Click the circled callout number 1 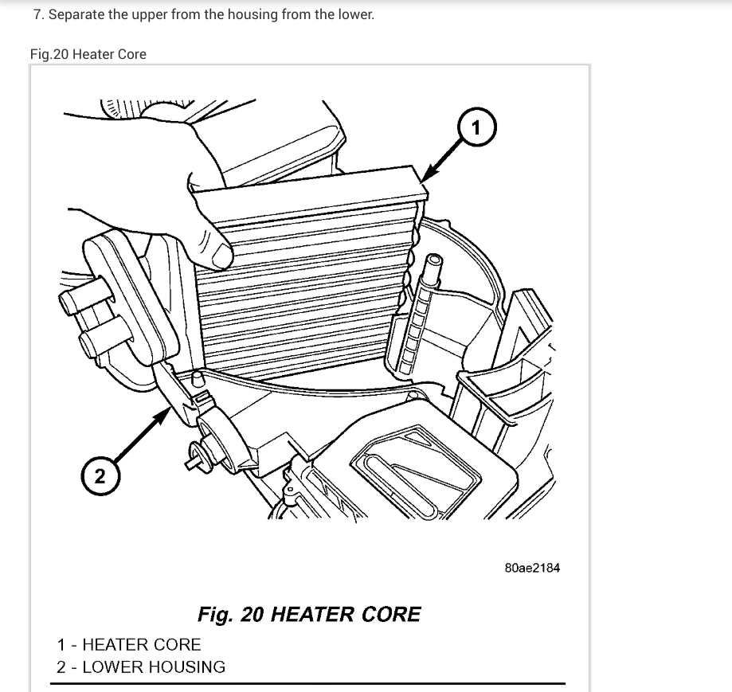pyautogui.click(x=476, y=127)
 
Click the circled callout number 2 pyautogui.click(x=99, y=476)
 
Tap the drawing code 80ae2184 pyautogui.click(x=532, y=568)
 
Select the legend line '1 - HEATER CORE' pyautogui.click(x=129, y=644)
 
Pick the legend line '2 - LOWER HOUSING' pyautogui.click(x=141, y=667)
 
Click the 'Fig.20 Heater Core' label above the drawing pyautogui.click(x=88, y=54)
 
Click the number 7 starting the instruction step pyautogui.click(x=37, y=14)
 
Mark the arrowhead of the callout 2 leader pyautogui.click(x=168, y=405)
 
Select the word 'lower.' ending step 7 pyautogui.click(x=355, y=14)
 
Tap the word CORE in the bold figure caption pyautogui.click(x=390, y=615)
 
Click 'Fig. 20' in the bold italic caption pyautogui.click(x=231, y=615)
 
